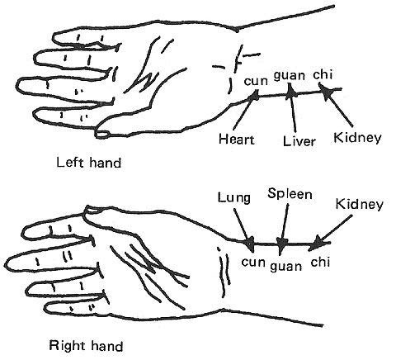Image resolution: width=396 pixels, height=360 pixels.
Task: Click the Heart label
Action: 237,140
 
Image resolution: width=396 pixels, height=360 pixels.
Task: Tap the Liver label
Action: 299,141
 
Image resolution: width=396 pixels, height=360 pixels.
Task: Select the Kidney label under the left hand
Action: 357,138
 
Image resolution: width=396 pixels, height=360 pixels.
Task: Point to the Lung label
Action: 234,198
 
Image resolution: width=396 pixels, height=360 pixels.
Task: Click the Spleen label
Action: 290,194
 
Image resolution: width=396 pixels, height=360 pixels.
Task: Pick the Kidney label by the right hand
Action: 359,205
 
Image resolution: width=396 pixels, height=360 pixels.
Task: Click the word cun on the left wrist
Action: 256,82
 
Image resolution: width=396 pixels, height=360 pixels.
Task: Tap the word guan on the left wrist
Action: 290,75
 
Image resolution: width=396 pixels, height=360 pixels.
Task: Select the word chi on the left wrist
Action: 323,74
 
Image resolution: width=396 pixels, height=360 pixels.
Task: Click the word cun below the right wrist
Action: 253,263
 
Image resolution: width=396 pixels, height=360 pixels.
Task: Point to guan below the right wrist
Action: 285,267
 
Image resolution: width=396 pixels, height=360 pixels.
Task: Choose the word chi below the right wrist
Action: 320,262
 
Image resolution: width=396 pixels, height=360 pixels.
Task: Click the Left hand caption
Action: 88,163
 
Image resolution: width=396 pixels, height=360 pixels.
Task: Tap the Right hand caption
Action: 86,345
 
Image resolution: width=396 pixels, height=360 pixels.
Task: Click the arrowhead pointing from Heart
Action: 254,95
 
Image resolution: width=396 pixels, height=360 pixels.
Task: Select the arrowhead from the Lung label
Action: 249,244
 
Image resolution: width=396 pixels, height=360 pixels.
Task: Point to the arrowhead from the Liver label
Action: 290,92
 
